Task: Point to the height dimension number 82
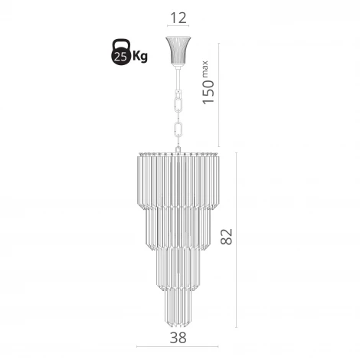(226, 237)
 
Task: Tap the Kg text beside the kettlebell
(140, 55)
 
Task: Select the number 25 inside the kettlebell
(119, 56)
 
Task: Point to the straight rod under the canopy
(178, 76)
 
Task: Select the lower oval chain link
(180, 131)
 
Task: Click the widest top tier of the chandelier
(178, 180)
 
